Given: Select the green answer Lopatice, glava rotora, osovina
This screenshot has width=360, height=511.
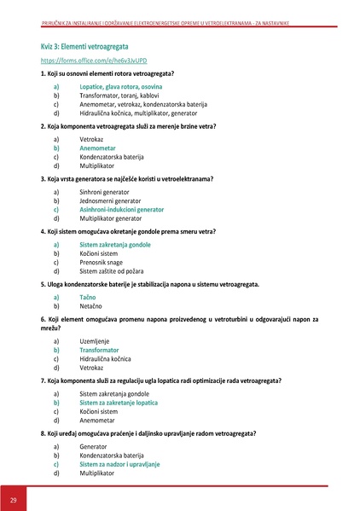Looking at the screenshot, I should coord(120,87).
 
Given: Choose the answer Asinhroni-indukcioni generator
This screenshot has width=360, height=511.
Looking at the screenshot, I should coord(121,209).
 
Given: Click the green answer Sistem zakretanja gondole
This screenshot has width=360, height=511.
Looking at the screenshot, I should coord(115,245).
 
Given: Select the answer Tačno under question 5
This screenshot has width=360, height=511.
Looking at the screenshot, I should coord(89,296).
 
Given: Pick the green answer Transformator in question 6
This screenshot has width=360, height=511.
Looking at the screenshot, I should coord(101,350).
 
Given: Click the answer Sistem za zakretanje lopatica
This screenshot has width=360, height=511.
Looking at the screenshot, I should coord(119,402).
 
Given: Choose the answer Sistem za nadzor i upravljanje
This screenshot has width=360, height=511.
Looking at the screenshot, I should coord(119,463).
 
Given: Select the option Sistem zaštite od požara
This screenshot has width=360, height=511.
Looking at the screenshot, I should coord(115,270).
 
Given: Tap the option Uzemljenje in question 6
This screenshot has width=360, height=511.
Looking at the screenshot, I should coord(96,340).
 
